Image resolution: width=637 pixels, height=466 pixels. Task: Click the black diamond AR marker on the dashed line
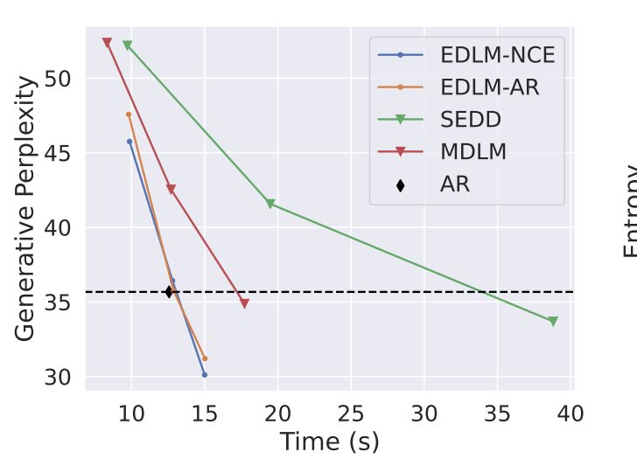click(169, 292)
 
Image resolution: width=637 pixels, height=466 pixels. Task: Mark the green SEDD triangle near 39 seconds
click(553, 322)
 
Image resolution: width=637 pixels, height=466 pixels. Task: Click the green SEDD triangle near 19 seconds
click(270, 205)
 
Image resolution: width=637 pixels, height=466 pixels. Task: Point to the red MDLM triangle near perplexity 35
click(244, 304)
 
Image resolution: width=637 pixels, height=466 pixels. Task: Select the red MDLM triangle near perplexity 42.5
click(171, 190)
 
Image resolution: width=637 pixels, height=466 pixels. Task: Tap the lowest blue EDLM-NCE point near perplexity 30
click(205, 375)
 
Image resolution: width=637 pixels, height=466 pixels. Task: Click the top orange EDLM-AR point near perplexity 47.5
click(129, 115)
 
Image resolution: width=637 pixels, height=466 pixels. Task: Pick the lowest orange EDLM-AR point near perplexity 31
click(205, 358)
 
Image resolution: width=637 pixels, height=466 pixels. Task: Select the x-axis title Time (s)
click(329, 442)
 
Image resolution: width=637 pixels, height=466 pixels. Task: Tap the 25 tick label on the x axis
click(351, 411)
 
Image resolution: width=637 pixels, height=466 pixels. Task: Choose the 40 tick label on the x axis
click(570, 411)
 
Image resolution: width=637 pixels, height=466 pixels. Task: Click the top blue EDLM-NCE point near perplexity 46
click(129, 142)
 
